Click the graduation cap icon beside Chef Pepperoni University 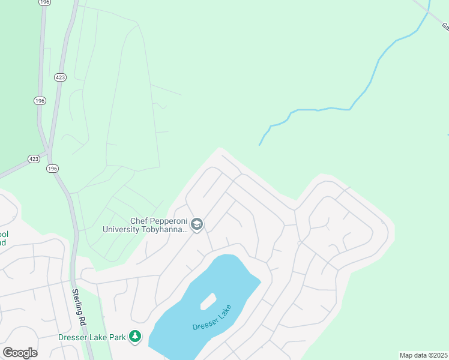[x=197, y=224]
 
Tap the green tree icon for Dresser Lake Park [x=136, y=337]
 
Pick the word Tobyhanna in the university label [x=166, y=229]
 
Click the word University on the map [x=121, y=229]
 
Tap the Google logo [x=20, y=352]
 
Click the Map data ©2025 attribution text [x=423, y=355]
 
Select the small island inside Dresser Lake [x=207, y=301]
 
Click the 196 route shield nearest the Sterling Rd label [x=52, y=169]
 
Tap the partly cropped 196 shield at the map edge [x=44, y=2]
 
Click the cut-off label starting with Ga [x=445, y=26]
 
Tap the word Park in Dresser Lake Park [x=118, y=337]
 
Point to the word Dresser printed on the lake [x=203, y=326]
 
